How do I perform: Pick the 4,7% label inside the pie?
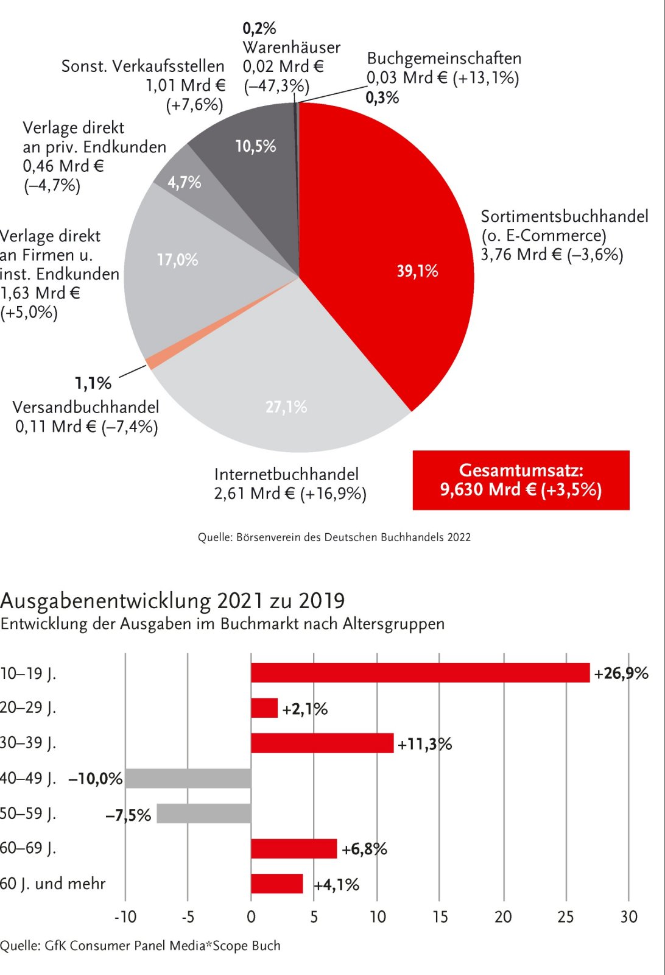tap(185, 182)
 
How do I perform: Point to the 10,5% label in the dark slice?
tap(256, 146)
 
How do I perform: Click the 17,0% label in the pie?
tap(177, 260)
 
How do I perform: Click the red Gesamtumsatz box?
tap(521, 480)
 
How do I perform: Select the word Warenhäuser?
tap(291, 48)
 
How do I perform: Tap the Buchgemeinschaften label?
tap(444, 58)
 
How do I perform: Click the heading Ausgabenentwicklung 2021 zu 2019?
tap(172, 601)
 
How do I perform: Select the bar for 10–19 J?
tap(420, 673)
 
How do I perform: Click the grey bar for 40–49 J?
tap(188, 778)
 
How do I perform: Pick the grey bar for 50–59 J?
tap(203, 814)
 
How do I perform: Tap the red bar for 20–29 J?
tap(264, 708)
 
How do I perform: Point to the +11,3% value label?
tap(424, 744)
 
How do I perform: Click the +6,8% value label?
tap(364, 849)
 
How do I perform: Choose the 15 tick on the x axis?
tap(440, 917)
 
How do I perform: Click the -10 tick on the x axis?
tap(125, 917)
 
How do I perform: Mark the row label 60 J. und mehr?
tap(53, 884)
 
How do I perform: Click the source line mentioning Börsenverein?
tap(334, 537)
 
